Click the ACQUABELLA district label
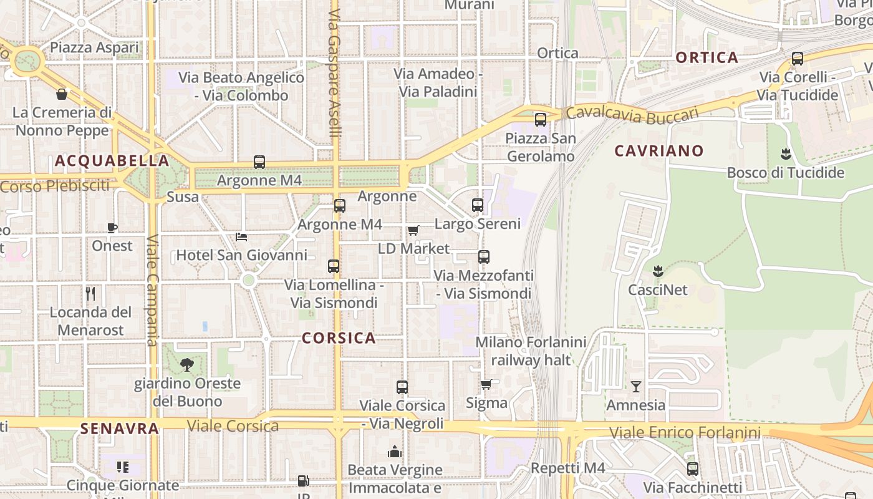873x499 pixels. (112, 161)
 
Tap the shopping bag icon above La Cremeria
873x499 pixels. (62, 94)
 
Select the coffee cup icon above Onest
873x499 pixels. (112, 228)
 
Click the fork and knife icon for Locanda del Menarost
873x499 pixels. (91, 293)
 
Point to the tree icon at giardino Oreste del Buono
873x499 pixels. (186, 365)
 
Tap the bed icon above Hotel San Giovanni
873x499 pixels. (241, 237)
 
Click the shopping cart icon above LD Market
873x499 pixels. (413, 230)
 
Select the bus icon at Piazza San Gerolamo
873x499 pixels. (541, 119)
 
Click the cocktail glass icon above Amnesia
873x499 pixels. (635, 387)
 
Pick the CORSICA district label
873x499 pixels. (339, 338)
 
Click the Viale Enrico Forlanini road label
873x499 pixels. (685, 432)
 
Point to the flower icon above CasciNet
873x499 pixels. (657, 271)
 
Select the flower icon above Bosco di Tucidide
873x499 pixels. (786, 153)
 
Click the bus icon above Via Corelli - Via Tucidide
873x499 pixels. (797, 59)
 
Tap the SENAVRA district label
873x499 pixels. (120, 429)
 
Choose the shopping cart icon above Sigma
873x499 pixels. (486, 384)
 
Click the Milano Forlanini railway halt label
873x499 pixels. (531, 351)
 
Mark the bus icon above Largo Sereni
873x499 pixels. (478, 205)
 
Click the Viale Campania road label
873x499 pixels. (153, 290)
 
